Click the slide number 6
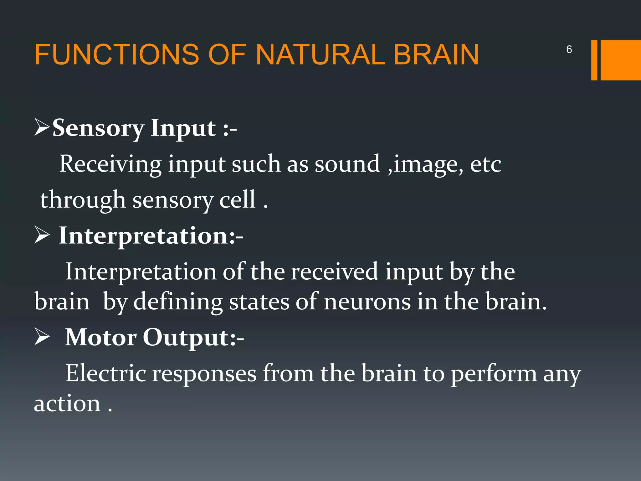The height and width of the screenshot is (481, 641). [x=569, y=49]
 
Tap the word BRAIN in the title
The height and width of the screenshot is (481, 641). [x=436, y=54]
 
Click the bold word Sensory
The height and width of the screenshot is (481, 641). [x=98, y=128]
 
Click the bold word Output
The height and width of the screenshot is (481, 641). [x=187, y=338]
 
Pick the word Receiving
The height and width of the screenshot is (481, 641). [x=110, y=164]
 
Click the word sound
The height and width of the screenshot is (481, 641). [x=347, y=164]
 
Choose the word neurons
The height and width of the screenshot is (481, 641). [x=367, y=302]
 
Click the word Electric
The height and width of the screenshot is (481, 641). [x=105, y=373]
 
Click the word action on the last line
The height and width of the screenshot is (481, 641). [x=67, y=404]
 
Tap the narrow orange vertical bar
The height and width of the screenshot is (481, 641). [x=594, y=60]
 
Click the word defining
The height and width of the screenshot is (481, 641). [x=178, y=302]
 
